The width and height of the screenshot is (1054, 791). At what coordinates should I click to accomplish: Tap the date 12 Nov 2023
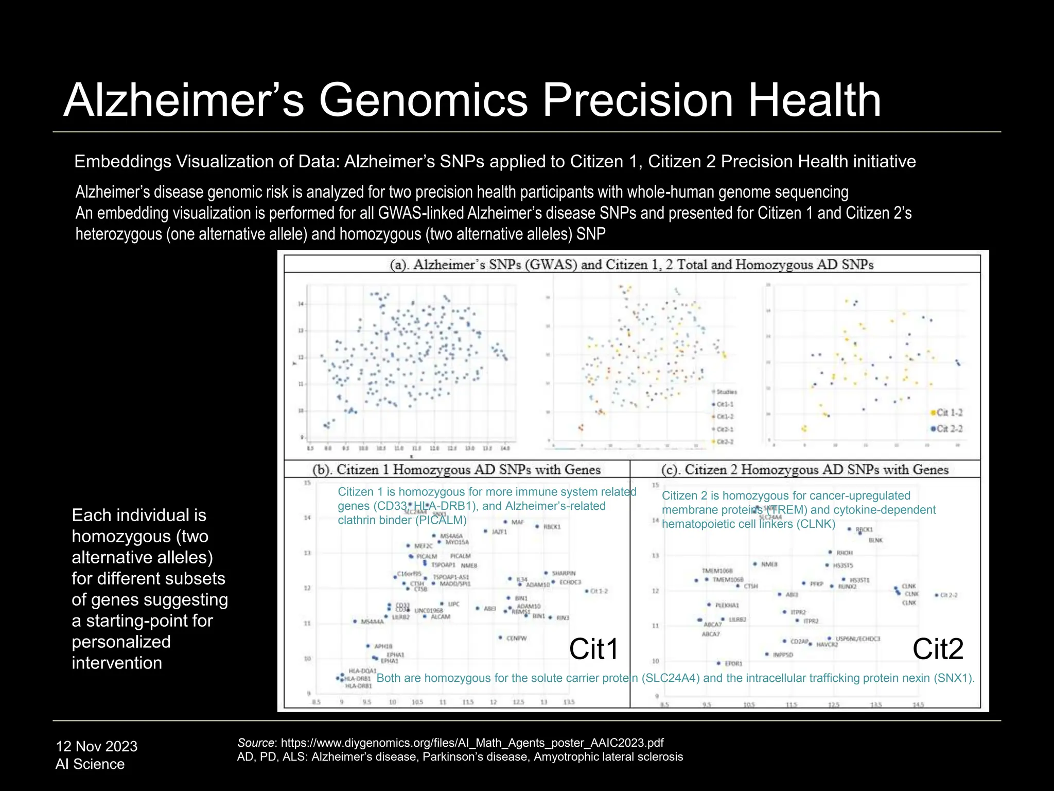(96, 746)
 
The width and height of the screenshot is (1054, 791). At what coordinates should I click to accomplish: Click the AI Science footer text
(90, 764)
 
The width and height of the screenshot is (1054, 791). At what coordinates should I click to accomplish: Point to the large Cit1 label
(593, 649)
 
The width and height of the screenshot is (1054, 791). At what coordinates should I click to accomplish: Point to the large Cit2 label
(938, 649)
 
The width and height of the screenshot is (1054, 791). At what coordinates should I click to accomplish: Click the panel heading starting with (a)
(631, 265)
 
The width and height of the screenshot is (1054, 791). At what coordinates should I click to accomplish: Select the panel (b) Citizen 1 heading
(456, 470)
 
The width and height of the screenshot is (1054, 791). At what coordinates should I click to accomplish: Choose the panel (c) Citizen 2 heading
(804, 470)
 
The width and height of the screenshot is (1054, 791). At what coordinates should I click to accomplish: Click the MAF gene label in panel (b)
(517, 522)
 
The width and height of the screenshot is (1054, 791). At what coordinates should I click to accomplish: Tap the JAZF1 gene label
(499, 531)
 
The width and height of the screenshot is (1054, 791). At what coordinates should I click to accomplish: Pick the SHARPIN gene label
(564, 573)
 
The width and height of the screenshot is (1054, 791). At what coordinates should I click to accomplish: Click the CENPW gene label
(516, 639)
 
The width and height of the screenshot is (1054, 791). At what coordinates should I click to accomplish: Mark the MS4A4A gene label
(372, 622)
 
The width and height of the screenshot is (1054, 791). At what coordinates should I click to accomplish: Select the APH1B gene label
(383, 646)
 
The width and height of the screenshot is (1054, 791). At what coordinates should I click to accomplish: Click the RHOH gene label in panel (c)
(844, 553)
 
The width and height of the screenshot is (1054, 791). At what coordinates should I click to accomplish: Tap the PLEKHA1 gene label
(727, 605)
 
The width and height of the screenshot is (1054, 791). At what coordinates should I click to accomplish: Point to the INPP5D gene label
(783, 655)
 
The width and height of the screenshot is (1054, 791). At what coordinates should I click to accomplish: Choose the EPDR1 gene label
(733, 664)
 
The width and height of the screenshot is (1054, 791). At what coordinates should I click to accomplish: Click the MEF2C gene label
(423, 546)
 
